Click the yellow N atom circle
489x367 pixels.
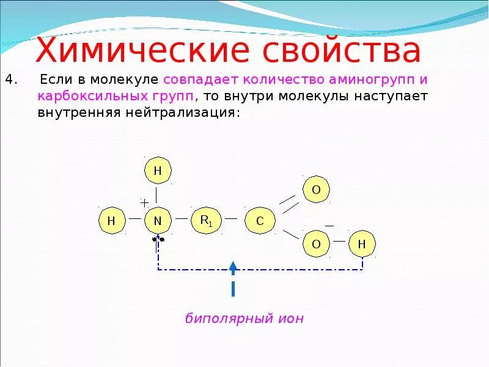pos(158,221)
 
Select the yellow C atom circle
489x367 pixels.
pos(259,221)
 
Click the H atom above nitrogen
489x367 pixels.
pos(158,171)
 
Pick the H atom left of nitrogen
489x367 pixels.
pos(112,221)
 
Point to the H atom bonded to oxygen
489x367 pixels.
pos(362,245)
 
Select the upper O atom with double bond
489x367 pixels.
pos(316,190)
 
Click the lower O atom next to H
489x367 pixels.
pos(316,245)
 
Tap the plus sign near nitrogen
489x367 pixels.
pos(144,202)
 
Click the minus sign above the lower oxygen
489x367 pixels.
pos(329,226)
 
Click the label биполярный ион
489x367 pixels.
pos(244,318)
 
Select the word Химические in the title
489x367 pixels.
pos(142,51)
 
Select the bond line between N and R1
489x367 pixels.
pos(182,218)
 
